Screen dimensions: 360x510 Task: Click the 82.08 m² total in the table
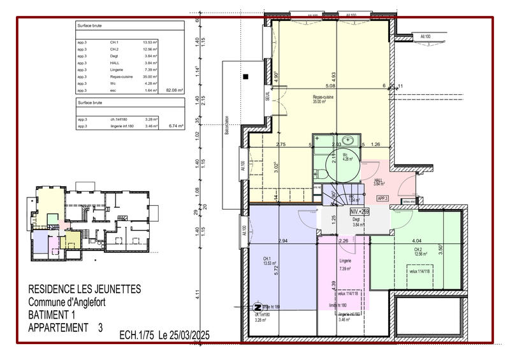click(174, 91)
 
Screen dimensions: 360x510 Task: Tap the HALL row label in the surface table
click(115, 63)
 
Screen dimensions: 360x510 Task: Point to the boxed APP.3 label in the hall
click(382, 199)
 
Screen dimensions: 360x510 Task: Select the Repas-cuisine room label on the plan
click(323, 97)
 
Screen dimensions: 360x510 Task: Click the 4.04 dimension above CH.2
click(416, 240)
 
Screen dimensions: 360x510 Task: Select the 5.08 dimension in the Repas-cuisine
click(330, 85)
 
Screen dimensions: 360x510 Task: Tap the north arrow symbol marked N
click(258, 306)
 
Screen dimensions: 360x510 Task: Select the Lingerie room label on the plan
click(345, 261)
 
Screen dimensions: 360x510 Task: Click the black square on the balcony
click(245, 78)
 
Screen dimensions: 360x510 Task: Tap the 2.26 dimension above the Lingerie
click(343, 241)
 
